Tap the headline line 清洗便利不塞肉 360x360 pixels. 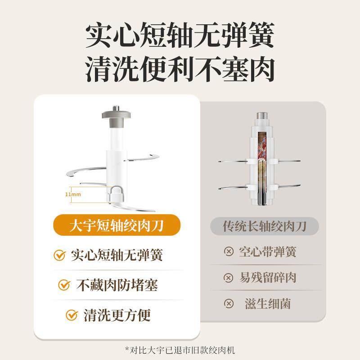(180, 69)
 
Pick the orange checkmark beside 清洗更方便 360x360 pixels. (72, 314)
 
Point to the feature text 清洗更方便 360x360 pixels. (117, 314)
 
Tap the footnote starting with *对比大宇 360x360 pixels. (180, 350)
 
